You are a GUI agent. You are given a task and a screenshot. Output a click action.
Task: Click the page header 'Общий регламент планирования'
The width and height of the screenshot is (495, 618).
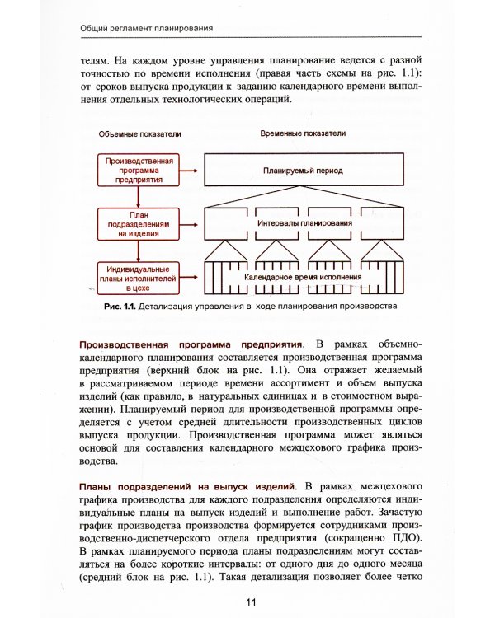coord(147,27)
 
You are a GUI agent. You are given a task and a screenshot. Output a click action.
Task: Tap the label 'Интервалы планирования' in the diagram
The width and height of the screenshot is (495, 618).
coord(305,222)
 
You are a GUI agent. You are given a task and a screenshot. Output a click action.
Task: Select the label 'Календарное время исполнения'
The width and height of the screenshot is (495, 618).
coord(305,278)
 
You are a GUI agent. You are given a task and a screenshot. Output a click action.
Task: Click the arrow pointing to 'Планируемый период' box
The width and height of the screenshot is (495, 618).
coord(190,171)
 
